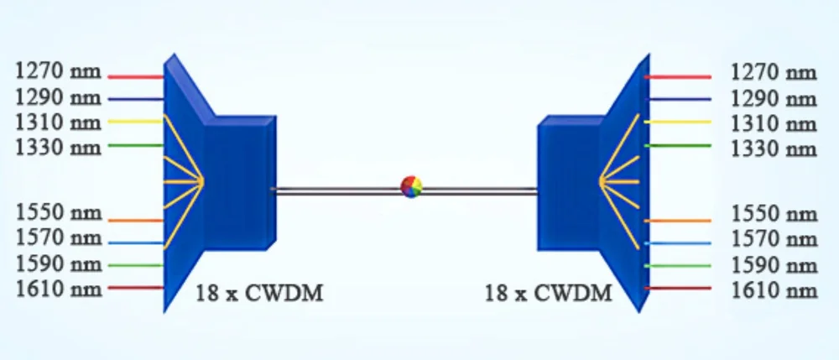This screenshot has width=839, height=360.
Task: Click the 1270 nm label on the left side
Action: (x=59, y=72)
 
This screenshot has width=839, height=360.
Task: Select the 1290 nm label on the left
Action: (x=59, y=97)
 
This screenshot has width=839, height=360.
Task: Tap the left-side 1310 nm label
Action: (x=59, y=123)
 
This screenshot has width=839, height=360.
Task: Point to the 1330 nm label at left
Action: (x=59, y=148)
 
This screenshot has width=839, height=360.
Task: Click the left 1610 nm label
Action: (x=59, y=290)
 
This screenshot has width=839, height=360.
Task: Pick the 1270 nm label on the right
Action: (x=774, y=73)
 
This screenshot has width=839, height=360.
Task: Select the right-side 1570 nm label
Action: (x=774, y=240)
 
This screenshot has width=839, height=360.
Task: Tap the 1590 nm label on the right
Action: (x=774, y=265)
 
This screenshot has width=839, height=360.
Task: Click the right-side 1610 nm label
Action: (x=774, y=290)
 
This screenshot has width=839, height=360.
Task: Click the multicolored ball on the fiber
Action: (x=411, y=186)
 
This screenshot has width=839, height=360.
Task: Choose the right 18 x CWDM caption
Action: (x=549, y=294)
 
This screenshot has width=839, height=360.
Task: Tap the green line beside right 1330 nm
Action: (x=678, y=146)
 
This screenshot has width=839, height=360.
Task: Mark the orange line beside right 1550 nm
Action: (x=678, y=221)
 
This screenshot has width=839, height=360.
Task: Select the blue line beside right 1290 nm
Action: (x=678, y=100)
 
